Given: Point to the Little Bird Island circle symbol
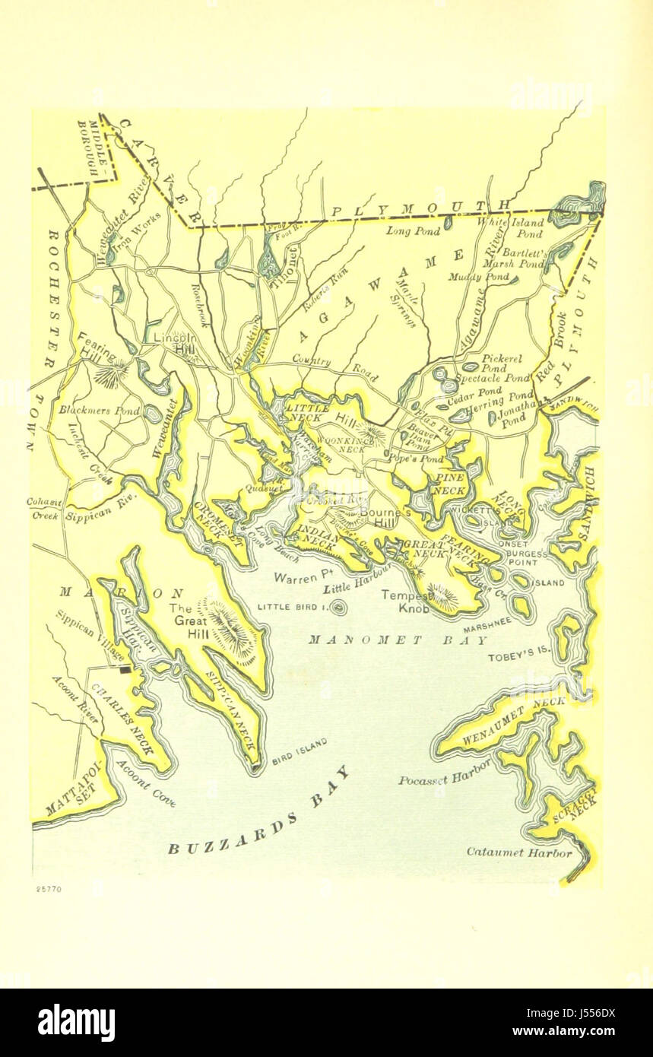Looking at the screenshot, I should [x=338, y=607].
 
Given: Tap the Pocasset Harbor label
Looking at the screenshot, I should [x=444, y=774].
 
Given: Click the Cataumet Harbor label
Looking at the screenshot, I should [x=518, y=852].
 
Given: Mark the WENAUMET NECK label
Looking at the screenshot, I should [x=514, y=713].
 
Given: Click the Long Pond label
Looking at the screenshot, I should [x=408, y=230].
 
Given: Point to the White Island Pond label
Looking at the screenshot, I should [x=521, y=228].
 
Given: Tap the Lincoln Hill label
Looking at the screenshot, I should [x=175, y=341].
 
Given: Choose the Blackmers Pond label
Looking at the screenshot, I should [x=100, y=410].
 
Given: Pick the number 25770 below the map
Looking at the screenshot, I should [x=48, y=888].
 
